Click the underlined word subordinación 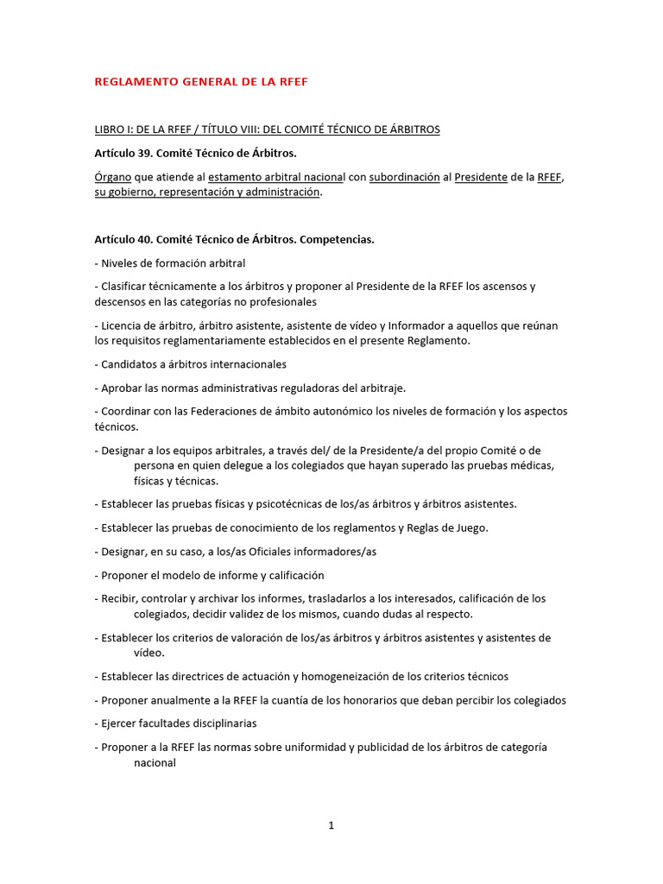coord(404,177)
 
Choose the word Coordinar coord(128,411)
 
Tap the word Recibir coord(119,598)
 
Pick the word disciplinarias coord(223,723)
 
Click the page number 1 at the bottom coord(331,826)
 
